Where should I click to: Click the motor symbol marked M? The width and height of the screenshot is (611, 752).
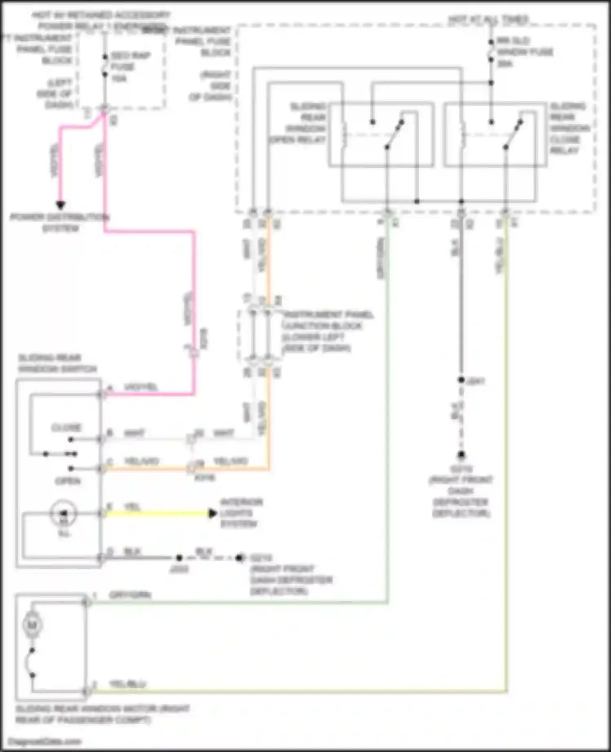[x=32, y=624]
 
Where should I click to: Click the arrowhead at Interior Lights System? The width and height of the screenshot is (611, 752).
[x=212, y=513]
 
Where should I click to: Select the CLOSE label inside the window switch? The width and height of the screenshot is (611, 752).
[x=66, y=427]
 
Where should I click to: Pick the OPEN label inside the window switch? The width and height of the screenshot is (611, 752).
[x=68, y=481]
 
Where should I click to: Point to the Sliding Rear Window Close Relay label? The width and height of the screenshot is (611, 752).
[x=569, y=128]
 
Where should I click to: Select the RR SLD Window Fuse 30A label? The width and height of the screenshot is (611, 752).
[x=524, y=52]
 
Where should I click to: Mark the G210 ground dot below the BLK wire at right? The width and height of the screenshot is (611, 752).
[x=461, y=455]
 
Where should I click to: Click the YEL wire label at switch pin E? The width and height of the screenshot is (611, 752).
[x=132, y=507]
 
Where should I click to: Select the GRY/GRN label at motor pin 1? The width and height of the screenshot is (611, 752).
[x=130, y=595]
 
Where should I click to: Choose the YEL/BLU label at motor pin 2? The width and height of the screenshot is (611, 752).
[x=127, y=684]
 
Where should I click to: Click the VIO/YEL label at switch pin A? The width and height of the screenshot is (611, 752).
[x=141, y=387]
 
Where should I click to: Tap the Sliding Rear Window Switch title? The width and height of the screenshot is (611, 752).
[x=57, y=363]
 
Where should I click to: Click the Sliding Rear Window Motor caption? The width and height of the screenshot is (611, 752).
[x=102, y=714]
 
